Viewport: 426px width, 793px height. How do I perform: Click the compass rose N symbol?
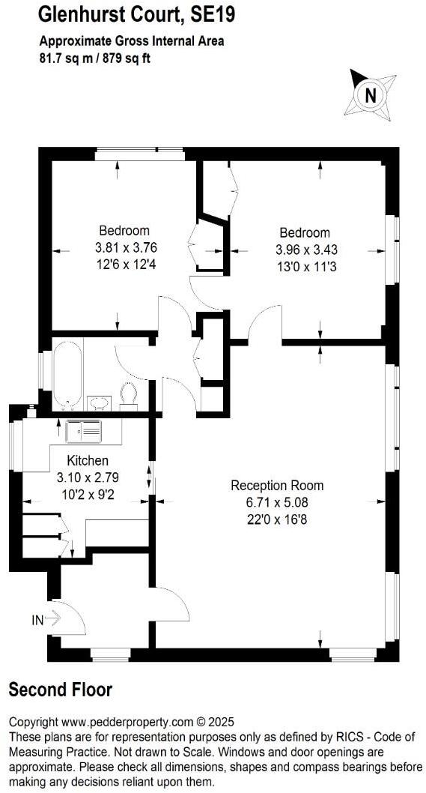368,94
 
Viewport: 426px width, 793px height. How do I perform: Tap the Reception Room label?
277,485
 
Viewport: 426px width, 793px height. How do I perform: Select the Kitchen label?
88,460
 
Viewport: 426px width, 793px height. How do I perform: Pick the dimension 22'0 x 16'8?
277,518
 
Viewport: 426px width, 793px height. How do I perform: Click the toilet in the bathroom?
129,394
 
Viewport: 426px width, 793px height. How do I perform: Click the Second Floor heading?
60,690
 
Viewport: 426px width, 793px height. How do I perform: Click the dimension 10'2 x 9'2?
88,492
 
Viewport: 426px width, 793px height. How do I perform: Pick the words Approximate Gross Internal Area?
132,41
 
